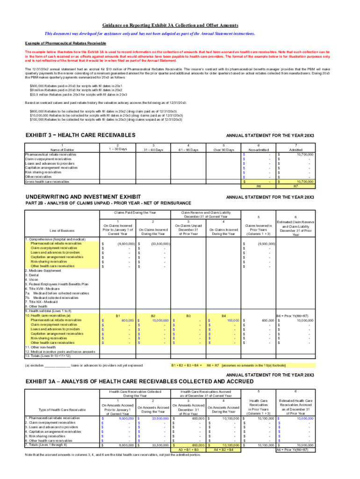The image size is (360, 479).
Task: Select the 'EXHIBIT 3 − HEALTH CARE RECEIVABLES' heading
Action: click(80, 135)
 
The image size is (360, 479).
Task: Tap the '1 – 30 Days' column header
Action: click(119, 150)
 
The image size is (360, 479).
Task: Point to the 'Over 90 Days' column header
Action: click(224, 150)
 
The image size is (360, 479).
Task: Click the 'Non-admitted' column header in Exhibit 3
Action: click(259, 150)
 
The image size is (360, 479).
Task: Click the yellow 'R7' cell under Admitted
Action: click(295, 186)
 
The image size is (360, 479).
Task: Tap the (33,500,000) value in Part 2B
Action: click(159, 244)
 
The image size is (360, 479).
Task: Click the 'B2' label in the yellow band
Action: click(154, 316)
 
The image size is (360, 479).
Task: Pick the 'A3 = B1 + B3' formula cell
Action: click(189, 449)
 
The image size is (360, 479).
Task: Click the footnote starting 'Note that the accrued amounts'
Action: click(113, 455)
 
